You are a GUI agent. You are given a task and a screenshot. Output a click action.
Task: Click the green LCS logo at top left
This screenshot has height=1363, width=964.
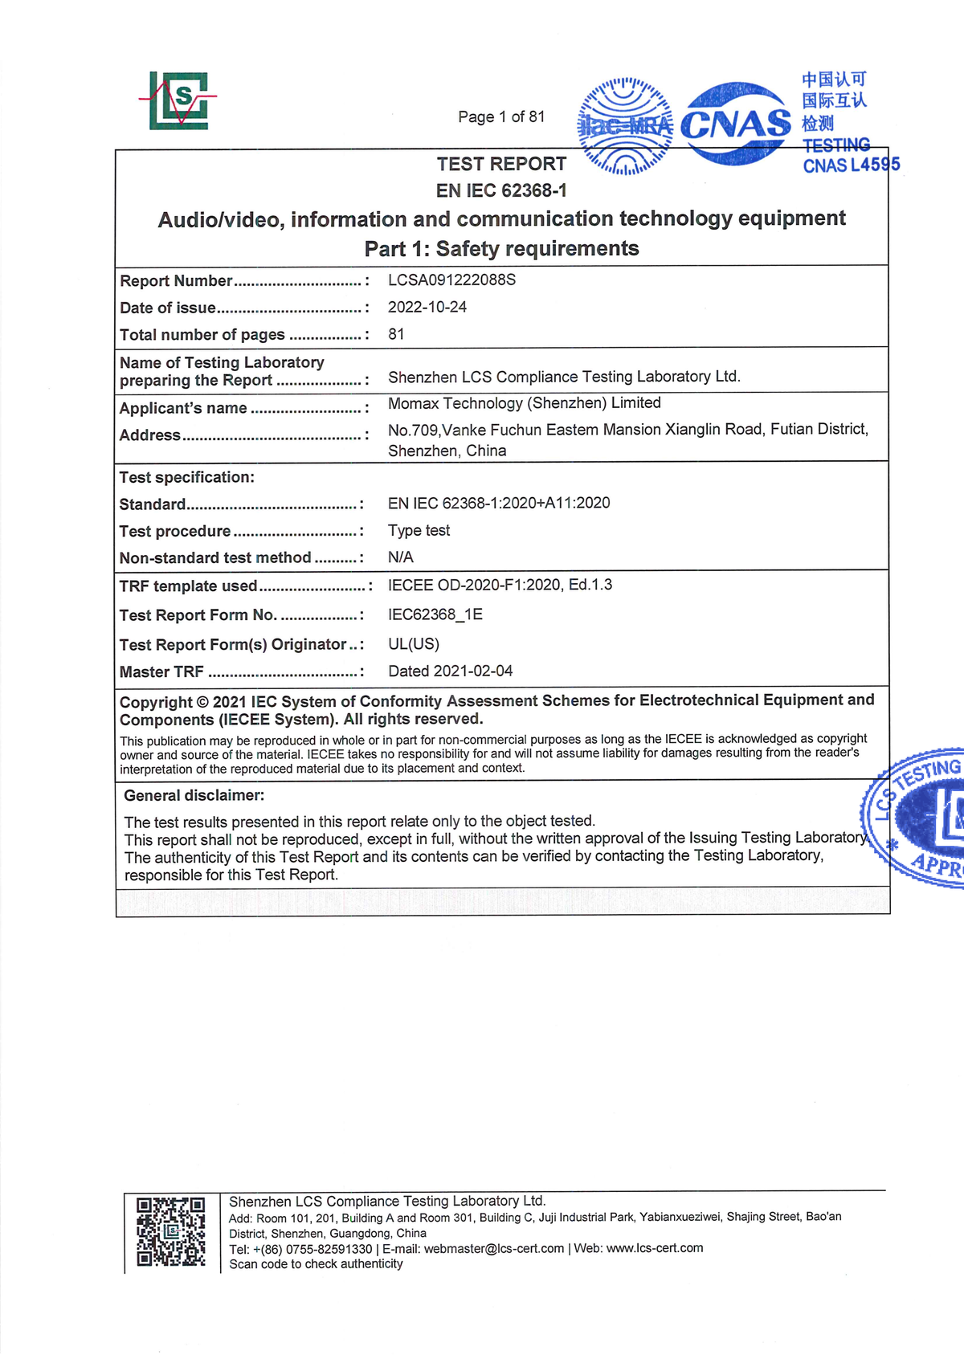click(x=178, y=100)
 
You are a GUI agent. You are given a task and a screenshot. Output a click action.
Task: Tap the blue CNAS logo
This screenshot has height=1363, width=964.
click(x=735, y=124)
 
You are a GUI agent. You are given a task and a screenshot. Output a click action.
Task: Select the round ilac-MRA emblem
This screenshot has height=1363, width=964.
click(x=625, y=126)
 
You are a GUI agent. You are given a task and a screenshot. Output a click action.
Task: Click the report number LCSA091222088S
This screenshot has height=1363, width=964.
click(x=451, y=280)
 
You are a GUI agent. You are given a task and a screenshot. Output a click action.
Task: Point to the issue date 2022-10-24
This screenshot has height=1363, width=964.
click(x=427, y=307)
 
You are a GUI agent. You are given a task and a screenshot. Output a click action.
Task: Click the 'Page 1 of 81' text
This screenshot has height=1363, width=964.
click(x=501, y=116)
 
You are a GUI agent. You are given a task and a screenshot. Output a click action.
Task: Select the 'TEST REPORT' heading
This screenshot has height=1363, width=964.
click(x=501, y=164)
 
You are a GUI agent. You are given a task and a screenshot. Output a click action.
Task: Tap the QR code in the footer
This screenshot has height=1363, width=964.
click(x=170, y=1231)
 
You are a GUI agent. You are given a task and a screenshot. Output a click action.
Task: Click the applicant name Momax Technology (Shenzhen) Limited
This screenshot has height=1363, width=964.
click(x=524, y=403)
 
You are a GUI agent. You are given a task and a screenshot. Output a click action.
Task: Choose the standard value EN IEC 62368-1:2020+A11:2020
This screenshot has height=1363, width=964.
click(x=498, y=504)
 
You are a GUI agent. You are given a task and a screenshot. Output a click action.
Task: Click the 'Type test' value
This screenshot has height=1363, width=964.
click(x=419, y=530)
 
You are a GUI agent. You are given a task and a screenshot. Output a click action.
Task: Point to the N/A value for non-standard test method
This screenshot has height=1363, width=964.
click(x=400, y=557)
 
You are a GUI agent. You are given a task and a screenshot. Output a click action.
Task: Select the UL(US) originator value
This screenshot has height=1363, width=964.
click(x=413, y=644)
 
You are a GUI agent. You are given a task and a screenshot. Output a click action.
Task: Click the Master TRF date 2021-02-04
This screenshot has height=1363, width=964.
click(x=450, y=671)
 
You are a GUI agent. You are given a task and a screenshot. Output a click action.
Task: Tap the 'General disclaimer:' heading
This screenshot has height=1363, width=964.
click(x=194, y=796)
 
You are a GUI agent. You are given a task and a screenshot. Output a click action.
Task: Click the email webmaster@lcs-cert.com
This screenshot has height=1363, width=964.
click(x=493, y=1249)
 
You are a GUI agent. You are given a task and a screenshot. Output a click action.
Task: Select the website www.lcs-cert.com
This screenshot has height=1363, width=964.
click(x=654, y=1248)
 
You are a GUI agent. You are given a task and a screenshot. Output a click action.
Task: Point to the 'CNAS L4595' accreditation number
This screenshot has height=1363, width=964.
click(x=851, y=165)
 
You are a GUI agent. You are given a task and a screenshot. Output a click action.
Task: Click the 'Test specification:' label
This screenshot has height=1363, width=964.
click(x=186, y=477)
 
